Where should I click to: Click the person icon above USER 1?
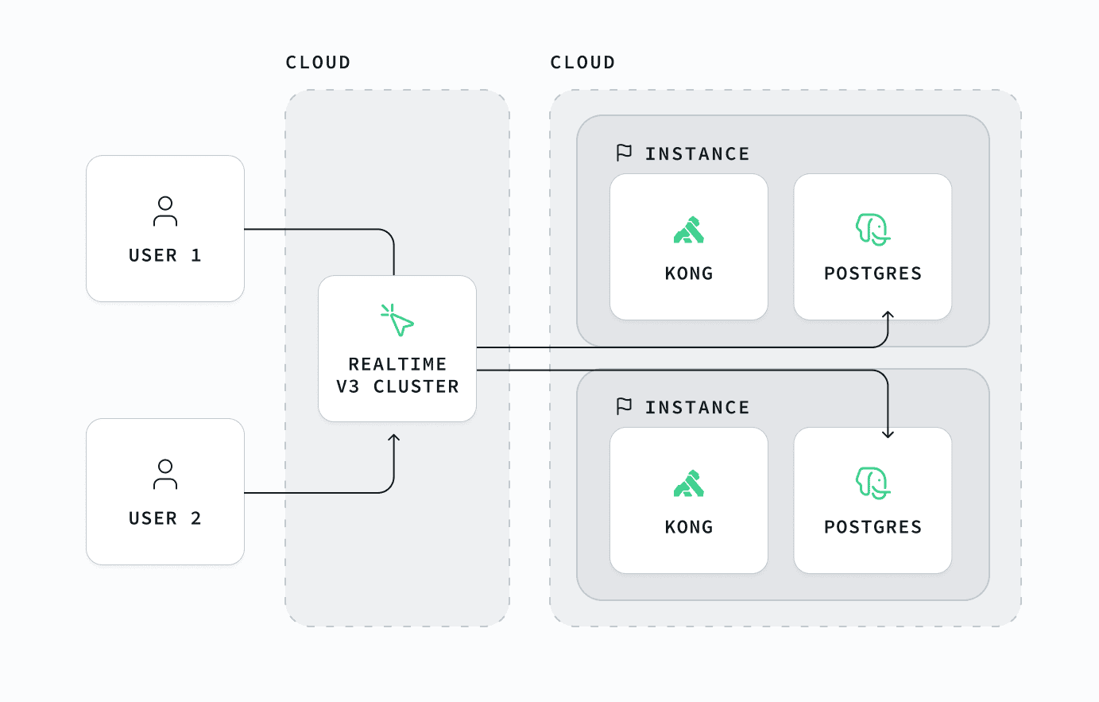pos(165,211)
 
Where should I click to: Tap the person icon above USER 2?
pos(165,474)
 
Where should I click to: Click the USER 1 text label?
pos(164,255)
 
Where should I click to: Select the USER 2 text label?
pos(164,518)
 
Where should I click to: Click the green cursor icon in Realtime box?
pos(397,320)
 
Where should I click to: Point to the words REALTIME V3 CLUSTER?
pos(397,375)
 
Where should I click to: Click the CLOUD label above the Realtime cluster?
pos(318,62)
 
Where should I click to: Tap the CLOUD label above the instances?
pos(582,62)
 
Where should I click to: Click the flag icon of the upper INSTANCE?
pos(624,153)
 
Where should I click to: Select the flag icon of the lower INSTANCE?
pos(624,406)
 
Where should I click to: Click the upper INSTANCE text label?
pos(697,154)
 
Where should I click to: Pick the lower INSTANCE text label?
pos(697,408)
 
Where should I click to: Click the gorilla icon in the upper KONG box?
pos(689,230)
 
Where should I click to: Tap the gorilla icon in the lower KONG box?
pos(689,483)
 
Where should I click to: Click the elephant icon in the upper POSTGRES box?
pos(873,229)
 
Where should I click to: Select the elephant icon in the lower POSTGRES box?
pos(873,483)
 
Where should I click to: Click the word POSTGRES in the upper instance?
pos(873,273)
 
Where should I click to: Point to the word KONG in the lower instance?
pos(689,527)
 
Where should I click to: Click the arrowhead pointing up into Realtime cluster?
pos(394,437)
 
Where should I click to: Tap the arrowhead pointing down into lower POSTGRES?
pos(888,434)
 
